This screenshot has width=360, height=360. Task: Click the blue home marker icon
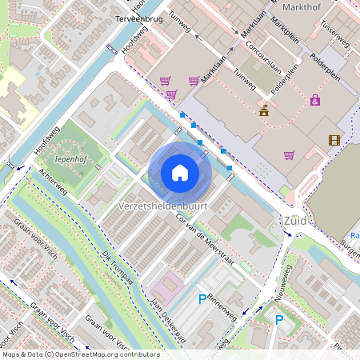(x=180, y=173)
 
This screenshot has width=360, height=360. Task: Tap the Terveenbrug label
(x=139, y=18)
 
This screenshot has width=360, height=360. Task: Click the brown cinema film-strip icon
(x=334, y=140)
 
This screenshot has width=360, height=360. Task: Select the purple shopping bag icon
(x=315, y=100)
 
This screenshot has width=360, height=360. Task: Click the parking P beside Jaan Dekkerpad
(x=202, y=299)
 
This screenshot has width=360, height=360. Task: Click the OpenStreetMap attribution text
(x=80, y=354)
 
